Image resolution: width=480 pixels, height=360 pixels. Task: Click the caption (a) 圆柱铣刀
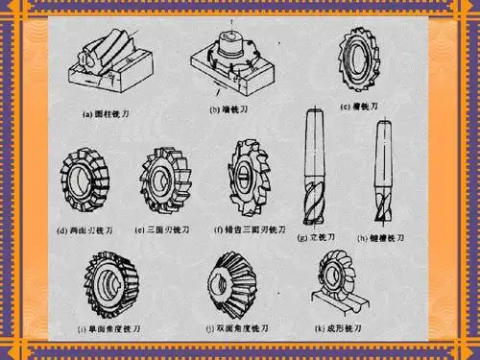pos(108,112)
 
